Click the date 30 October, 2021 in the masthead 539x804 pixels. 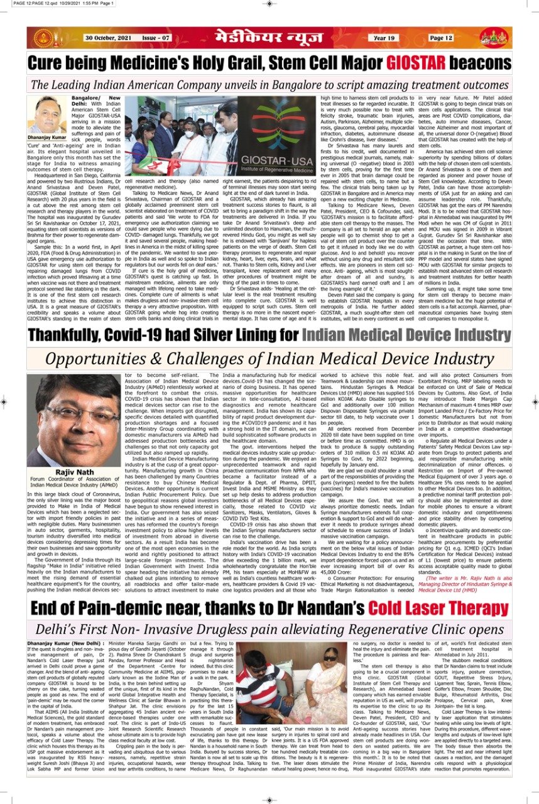coord(108,38)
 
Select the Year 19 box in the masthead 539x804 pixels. coord(384,38)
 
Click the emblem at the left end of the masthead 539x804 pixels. coord(45,38)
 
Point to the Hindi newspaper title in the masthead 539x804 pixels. coord(270,38)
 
